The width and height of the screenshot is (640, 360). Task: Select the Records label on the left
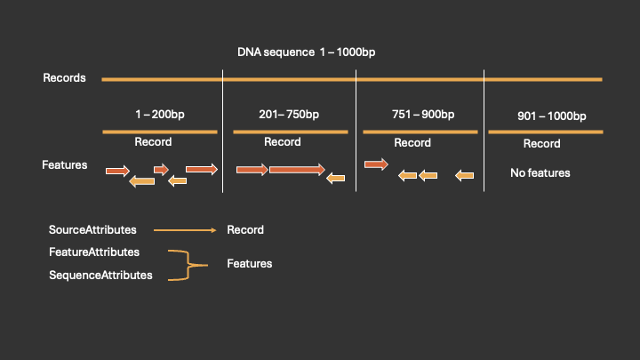[x=64, y=78]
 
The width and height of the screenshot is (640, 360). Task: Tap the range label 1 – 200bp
[x=160, y=115]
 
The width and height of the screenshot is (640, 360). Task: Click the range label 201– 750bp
[x=289, y=115]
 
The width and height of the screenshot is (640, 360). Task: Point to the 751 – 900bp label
[x=422, y=115]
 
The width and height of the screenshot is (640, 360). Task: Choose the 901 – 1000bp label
[x=551, y=116]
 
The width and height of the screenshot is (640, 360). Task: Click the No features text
[x=540, y=172]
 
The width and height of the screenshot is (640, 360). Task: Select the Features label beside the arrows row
[x=64, y=164]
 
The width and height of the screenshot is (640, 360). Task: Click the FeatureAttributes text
[x=94, y=252]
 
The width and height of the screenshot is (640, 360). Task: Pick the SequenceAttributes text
[x=100, y=276]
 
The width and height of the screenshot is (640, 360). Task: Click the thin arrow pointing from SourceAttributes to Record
[x=184, y=230]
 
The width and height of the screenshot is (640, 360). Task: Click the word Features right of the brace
[x=249, y=264]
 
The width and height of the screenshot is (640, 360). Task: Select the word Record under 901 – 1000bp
[x=541, y=144]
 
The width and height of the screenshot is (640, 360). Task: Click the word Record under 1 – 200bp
[x=153, y=142]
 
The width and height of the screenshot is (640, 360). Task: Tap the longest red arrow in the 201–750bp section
[x=297, y=169]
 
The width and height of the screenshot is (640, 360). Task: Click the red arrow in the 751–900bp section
[x=376, y=164]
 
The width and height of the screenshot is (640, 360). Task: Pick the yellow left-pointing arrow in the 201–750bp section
[x=336, y=179]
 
